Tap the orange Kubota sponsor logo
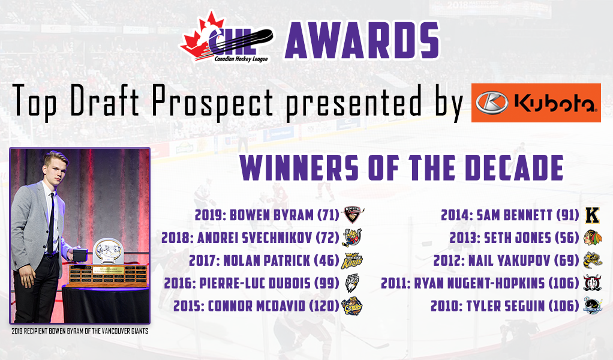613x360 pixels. [536, 103]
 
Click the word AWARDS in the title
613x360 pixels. [362, 40]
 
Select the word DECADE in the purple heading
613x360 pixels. [515, 167]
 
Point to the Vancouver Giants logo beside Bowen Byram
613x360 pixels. [353, 215]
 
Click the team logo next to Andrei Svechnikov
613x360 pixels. [352, 238]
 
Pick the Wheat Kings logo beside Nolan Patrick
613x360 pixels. [352, 261]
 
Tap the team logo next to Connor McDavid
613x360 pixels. [352, 306]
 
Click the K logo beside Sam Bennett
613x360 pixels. [592, 215]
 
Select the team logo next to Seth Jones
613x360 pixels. [593, 238]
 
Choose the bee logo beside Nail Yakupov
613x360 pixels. [593, 260]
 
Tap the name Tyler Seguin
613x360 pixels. [505, 306]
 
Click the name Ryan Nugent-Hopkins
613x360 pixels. [479, 283]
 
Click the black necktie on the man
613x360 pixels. [51, 223]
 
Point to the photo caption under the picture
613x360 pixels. [80, 331]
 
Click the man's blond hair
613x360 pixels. [56, 158]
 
